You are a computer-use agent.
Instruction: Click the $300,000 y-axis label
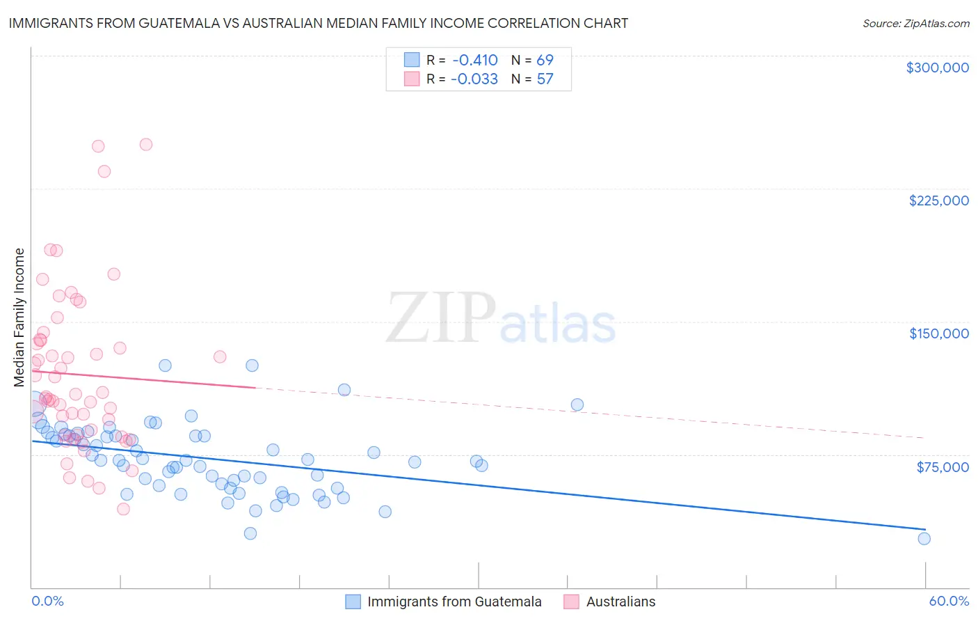937,68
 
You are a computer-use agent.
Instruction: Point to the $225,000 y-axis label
938,201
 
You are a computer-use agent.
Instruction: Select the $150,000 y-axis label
938,333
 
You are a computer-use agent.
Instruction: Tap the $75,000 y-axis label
942,467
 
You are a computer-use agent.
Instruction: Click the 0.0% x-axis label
47,602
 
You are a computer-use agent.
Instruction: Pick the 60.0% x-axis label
949,602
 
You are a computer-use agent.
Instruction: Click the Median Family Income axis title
19,317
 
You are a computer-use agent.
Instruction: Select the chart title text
318,24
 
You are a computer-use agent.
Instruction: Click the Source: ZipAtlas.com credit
915,24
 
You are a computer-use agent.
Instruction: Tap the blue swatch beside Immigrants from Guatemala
353,602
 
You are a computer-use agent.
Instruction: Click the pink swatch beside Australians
572,602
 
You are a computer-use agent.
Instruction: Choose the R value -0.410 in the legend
474,61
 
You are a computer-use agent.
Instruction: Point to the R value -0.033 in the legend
474,79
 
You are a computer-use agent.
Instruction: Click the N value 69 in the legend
545,61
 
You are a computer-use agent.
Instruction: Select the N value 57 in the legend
545,79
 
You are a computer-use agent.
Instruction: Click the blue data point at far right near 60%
924,538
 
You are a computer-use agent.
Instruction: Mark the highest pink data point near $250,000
146,145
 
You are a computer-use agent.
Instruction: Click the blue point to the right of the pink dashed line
577,404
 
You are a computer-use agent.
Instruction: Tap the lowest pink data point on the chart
123,509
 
